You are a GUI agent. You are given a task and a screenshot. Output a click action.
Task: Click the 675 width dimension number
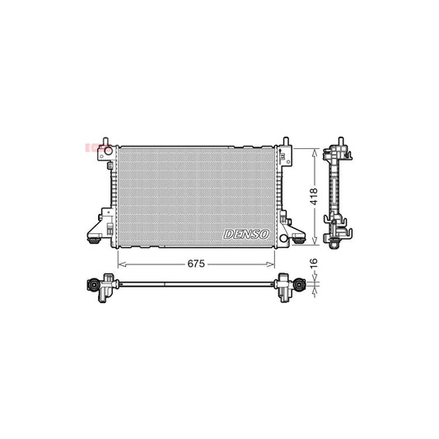(x=195, y=264)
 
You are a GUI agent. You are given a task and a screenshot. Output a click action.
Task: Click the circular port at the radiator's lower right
(x=284, y=238)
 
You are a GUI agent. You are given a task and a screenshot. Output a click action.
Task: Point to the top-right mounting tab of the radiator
(x=285, y=143)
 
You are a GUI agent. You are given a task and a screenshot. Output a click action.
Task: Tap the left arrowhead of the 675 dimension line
(x=121, y=264)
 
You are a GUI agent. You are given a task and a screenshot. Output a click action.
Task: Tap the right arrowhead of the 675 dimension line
(x=273, y=264)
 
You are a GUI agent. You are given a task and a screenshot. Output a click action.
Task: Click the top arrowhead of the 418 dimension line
(x=313, y=151)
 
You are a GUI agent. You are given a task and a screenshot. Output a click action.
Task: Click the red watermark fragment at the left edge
(x=89, y=148)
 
